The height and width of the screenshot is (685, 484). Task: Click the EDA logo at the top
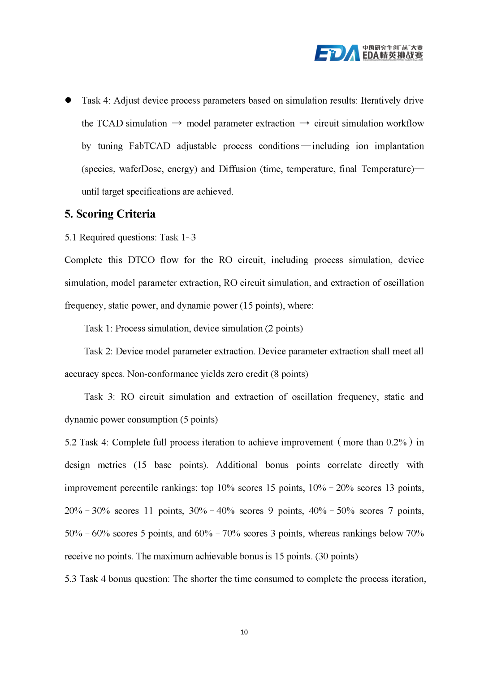(368, 53)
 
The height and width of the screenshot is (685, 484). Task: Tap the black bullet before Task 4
(68, 100)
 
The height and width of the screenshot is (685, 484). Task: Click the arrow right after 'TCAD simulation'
(177, 123)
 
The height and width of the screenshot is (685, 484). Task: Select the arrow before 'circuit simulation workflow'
(304, 123)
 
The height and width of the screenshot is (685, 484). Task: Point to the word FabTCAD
(150, 146)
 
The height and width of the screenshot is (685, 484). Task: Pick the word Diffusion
(238, 169)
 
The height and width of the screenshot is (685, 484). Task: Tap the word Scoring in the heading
(95, 214)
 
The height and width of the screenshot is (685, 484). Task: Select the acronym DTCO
(141, 260)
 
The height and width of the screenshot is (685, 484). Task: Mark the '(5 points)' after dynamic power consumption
(199, 419)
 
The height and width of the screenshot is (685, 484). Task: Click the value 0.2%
(396, 442)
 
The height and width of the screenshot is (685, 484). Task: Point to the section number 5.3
(71, 579)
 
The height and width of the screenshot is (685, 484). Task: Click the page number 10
(244, 632)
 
